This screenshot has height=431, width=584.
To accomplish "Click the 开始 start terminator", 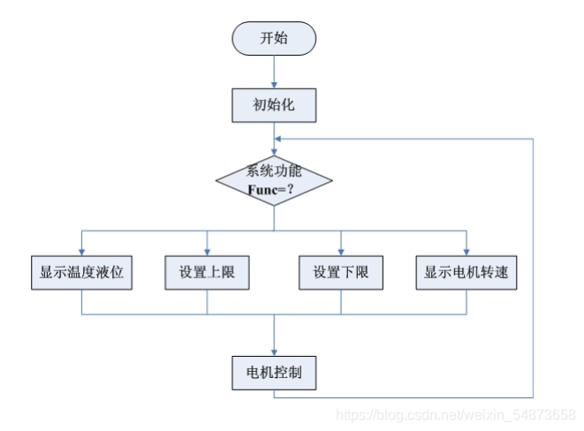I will click(274, 39).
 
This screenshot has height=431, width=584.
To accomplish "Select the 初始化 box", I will click(274, 105).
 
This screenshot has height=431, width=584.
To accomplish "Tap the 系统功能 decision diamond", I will click(274, 179).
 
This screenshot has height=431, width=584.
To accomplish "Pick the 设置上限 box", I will click(207, 274).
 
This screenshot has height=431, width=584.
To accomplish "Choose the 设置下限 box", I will click(341, 274).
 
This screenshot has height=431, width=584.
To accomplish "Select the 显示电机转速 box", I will click(466, 274).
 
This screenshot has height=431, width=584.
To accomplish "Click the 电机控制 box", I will click(274, 372).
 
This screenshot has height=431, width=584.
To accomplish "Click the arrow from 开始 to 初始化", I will click(274, 71).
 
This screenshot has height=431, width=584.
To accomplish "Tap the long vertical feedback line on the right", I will click(534, 265).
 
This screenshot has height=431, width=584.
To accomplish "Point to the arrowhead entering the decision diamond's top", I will click(274, 152).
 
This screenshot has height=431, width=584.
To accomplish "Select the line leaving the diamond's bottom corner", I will click(274, 219).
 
